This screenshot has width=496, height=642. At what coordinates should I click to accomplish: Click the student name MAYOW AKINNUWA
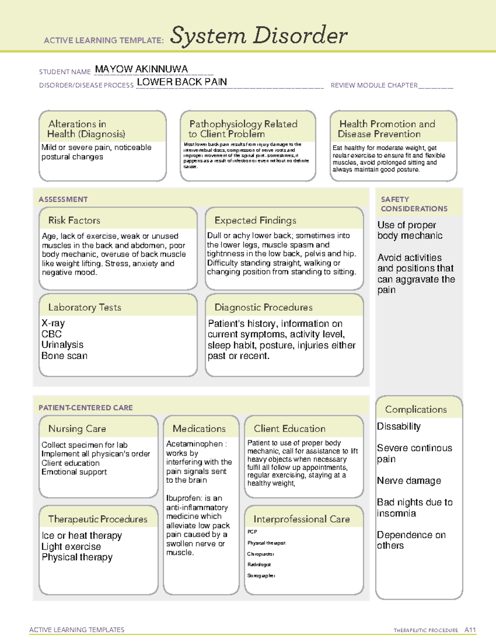coord(141,69)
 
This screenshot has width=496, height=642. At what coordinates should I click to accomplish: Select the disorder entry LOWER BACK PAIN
coord(182,82)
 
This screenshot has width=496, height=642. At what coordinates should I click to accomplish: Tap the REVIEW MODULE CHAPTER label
coord(374,86)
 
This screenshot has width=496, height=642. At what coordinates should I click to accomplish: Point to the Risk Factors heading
coord(74,220)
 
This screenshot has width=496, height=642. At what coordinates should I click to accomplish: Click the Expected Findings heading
coord(255,220)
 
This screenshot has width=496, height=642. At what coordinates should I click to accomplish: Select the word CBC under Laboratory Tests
coord(52,334)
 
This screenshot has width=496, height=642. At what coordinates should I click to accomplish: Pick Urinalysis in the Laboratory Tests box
coord(62,345)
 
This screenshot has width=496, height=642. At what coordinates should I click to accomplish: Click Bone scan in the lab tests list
coord(64,356)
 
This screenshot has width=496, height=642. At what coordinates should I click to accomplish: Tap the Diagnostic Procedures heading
coord(263,308)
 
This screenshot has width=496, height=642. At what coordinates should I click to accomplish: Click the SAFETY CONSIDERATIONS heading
coord(414,204)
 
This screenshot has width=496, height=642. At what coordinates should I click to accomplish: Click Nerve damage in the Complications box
coord(409,481)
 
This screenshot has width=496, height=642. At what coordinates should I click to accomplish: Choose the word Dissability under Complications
coord(399,427)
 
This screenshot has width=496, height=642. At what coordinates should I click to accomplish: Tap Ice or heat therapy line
coord(82,536)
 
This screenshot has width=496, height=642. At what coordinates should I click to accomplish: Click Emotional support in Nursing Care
coord(74,472)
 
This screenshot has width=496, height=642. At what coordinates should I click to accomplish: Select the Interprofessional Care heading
coord(301,519)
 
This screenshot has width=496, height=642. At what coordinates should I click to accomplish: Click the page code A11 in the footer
coord(470,630)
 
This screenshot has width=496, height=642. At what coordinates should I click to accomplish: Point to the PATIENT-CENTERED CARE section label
coord(86,408)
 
